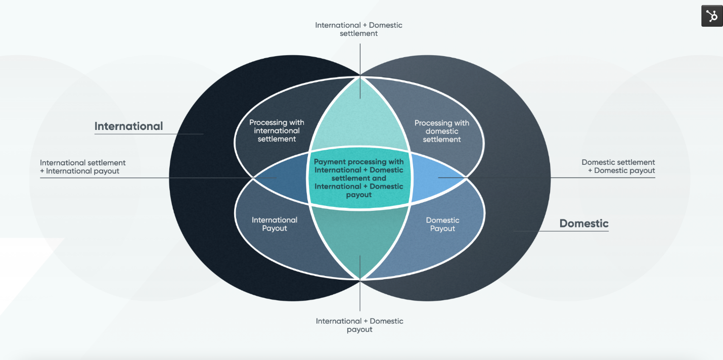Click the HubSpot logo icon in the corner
pyautogui.click(x=712, y=16)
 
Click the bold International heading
pyautogui.click(x=128, y=126)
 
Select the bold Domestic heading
pyautogui.click(x=584, y=223)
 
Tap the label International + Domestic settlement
pyautogui.click(x=359, y=29)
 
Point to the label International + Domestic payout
pyautogui.click(x=359, y=325)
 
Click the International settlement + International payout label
pyautogui.click(x=83, y=167)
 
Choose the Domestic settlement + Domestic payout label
pyautogui.click(x=618, y=166)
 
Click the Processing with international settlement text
pyautogui.click(x=277, y=131)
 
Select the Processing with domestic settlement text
pyautogui.click(x=442, y=131)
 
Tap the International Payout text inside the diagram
pyautogui.click(x=275, y=224)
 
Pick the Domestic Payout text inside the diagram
pyautogui.click(x=443, y=224)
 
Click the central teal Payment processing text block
pyautogui.click(x=359, y=178)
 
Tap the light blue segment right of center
pyautogui.click(x=435, y=178)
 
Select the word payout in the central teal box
pyautogui.click(x=359, y=195)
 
